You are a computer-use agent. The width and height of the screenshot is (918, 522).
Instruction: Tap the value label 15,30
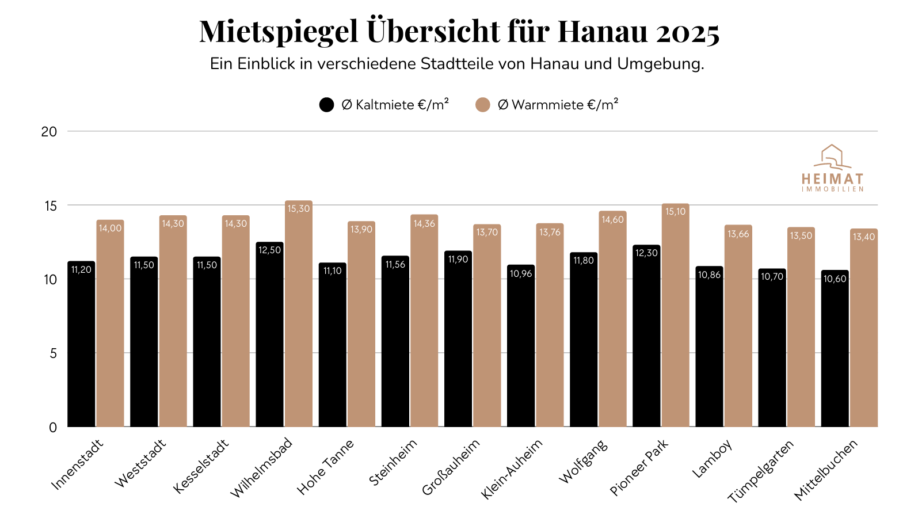pyautogui.click(x=299, y=208)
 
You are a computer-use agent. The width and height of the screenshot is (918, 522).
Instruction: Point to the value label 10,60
pyautogui.click(x=835, y=279)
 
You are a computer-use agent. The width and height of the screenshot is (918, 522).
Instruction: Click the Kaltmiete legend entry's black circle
pyautogui.click(x=326, y=105)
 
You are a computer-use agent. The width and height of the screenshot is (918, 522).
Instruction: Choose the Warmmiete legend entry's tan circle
pyautogui.click(x=483, y=105)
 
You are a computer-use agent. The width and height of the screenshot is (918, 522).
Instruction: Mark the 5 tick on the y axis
pyautogui.click(x=54, y=353)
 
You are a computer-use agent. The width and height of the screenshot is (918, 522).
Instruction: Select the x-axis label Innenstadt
pyautogui.click(x=78, y=464)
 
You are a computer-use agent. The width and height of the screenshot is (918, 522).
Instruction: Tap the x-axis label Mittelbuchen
pyautogui.click(x=826, y=469)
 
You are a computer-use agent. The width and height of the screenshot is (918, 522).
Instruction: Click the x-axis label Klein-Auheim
pyautogui.click(x=512, y=469)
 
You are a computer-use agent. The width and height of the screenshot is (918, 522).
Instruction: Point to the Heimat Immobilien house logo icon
pyautogui.click(x=832, y=157)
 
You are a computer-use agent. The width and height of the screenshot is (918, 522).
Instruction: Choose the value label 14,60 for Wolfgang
pyautogui.click(x=612, y=219)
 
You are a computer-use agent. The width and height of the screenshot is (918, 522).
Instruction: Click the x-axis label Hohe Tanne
pyautogui.click(x=325, y=467)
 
